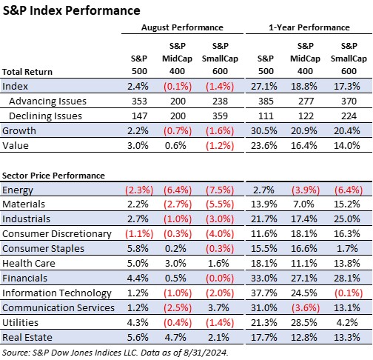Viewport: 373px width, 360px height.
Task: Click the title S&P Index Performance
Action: (71, 11)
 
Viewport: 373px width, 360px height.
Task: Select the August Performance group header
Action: (182, 27)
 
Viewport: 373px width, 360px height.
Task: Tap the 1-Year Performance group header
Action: (309, 27)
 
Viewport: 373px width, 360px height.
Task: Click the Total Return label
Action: (27, 72)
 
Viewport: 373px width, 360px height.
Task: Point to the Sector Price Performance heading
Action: (53, 176)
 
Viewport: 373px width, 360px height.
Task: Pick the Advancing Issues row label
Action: (47, 101)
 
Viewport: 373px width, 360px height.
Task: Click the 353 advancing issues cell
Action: (139, 101)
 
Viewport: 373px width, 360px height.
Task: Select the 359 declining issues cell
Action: (220, 116)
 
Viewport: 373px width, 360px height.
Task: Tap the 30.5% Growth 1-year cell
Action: (264, 130)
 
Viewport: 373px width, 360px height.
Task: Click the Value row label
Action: (16, 145)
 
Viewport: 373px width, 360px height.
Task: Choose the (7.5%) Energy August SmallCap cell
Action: (220, 190)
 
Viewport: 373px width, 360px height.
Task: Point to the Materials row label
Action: (24, 204)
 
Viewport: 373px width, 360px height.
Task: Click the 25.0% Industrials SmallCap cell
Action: (347, 219)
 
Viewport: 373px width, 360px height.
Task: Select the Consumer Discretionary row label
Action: (57, 234)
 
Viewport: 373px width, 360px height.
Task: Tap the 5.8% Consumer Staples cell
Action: (138, 249)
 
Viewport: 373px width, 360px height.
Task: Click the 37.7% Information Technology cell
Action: (264, 293)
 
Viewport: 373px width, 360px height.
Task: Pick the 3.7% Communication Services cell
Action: (218, 308)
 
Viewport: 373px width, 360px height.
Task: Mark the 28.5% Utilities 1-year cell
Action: (304, 323)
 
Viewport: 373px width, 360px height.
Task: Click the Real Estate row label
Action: (27, 338)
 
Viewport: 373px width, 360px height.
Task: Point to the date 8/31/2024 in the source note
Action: (206, 353)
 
